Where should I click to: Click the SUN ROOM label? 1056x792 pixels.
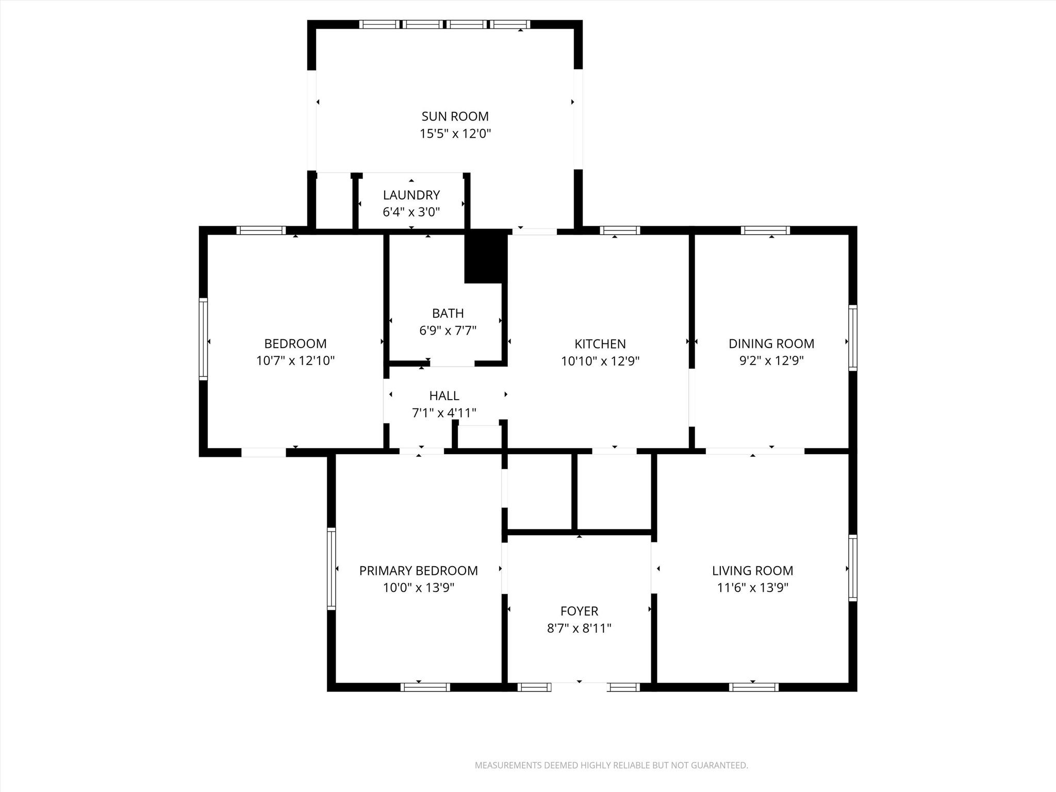pyautogui.click(x=455, y=117)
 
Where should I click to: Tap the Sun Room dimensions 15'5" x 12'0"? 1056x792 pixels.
pyautogui.click(x=455, y=134)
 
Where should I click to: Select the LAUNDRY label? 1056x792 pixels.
pyautogui.click(x=411, y=195)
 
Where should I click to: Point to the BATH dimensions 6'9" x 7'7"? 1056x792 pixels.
pyautogui.click(x=448, y=331)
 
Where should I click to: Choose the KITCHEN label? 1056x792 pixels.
pyautogui.click(x=600, y=344)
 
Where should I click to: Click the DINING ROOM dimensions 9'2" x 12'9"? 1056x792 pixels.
pyautogui.click(x=771, y=361)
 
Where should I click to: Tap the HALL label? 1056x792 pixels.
pyautogui.click(x=444, y=396)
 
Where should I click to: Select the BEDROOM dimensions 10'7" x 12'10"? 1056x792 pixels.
pyautogui.click(x=295, y=361)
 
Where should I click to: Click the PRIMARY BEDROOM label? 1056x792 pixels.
pyautogui.click(x=418, y=571)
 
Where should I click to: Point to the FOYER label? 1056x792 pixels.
pyautogui.click(x=579, y=611)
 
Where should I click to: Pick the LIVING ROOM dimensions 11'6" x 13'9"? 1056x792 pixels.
pyautogui.click(x=752, y=588)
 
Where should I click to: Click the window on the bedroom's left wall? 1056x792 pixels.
pyautogui.click(x=203, y=339)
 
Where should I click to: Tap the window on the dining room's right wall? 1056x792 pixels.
pyautogui.click(x=853, y=338)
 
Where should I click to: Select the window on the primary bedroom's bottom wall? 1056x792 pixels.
pyautogui.click(x=425, y=687)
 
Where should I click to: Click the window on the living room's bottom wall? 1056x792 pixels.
pyautogui.click(x=753, y=687)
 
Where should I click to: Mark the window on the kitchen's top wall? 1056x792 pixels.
pyautogui.click(x=620, y=230)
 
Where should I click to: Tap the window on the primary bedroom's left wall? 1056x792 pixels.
pyautogui.click(x=331, y=569)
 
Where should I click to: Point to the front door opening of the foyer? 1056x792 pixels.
pyautogui.click(x=579, y=687)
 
